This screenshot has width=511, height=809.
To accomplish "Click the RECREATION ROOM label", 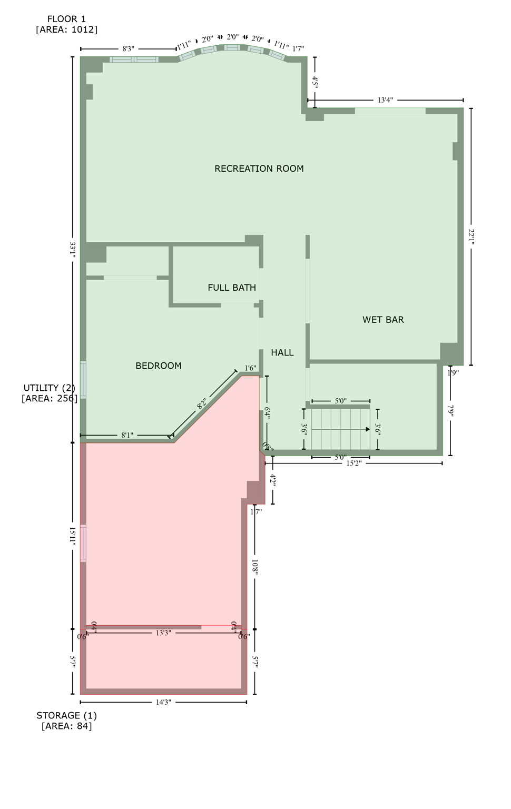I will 259,169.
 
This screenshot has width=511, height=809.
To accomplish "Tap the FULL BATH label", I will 232,288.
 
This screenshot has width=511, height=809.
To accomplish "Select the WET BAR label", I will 383,320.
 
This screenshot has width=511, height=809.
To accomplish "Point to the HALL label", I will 282,352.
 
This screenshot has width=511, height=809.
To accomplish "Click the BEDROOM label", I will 159,366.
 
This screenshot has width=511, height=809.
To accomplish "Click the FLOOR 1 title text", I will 66,19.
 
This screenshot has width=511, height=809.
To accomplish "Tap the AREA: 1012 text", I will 66,29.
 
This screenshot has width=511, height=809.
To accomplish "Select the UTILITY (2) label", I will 50,388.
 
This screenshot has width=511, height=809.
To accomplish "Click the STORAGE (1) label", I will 66,715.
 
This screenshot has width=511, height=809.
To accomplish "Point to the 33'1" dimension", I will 73,249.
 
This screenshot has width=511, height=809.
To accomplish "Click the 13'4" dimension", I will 385,100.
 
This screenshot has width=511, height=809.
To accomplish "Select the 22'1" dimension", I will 471,236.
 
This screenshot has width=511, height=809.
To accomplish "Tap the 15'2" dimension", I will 354,463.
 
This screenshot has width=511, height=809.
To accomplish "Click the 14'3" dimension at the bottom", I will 163,702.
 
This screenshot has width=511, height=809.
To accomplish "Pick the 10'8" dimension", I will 255,567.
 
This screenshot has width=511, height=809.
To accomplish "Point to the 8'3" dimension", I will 128,49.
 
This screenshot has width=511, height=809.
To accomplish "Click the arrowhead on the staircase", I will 368,429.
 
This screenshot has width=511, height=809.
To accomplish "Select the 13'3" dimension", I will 163,633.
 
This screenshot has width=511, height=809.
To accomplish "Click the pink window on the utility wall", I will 83,543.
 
